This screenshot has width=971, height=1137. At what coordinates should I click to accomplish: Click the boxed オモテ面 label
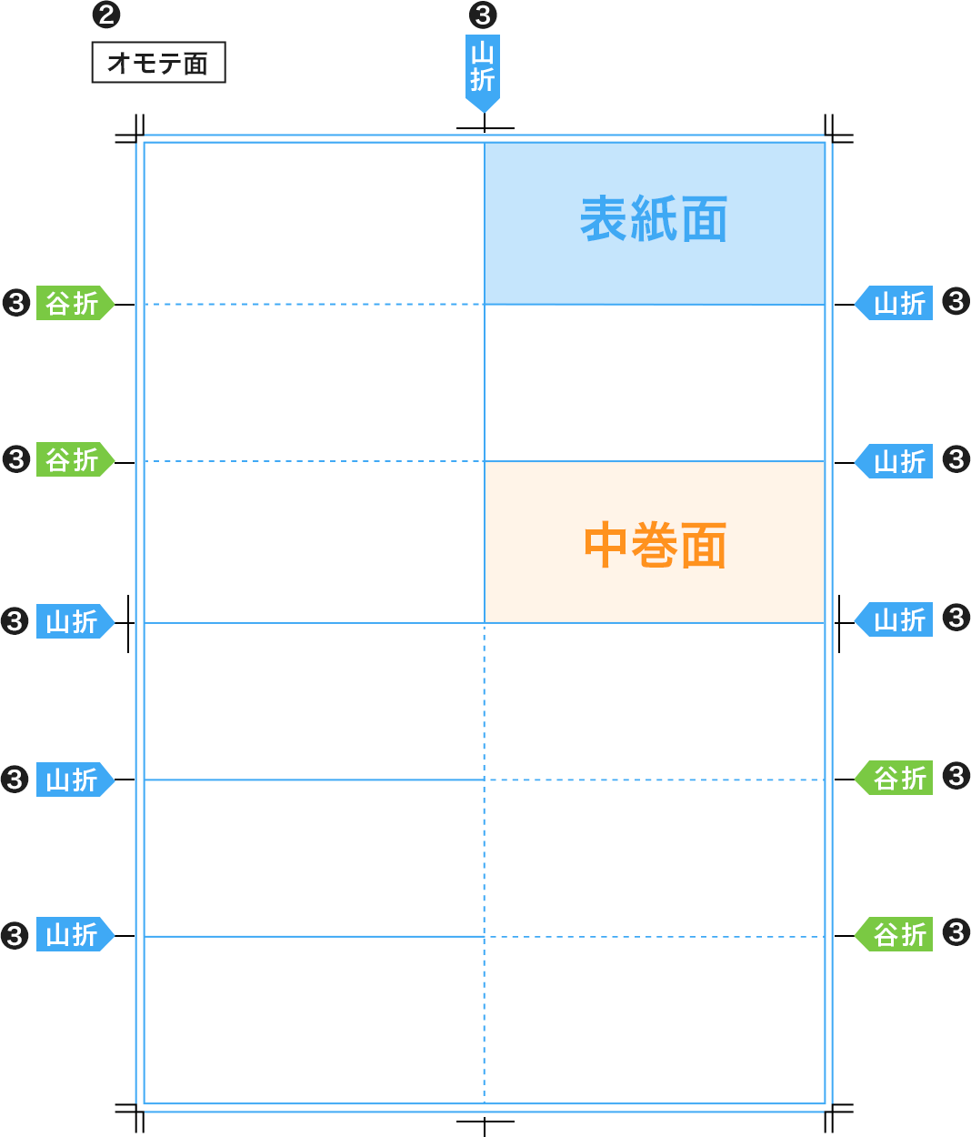point(158,63)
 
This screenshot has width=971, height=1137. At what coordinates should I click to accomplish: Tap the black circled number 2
point(107,15)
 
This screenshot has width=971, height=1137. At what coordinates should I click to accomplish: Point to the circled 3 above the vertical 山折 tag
point(483,15)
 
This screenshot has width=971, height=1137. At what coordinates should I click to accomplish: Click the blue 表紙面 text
point(654,219)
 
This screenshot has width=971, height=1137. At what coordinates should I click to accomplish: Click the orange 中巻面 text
point(655,545)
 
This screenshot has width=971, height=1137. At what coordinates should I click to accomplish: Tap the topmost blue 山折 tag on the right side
point(896,303)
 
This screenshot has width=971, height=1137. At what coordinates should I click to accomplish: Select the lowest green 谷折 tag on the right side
point(896,934)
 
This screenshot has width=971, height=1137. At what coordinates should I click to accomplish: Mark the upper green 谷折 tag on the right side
point(896,778)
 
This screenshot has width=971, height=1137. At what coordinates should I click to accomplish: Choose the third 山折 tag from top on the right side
point(896,619)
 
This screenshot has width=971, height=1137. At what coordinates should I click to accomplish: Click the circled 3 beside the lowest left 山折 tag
point(15,935)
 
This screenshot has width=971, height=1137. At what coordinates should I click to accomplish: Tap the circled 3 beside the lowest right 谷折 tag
point(956,932)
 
